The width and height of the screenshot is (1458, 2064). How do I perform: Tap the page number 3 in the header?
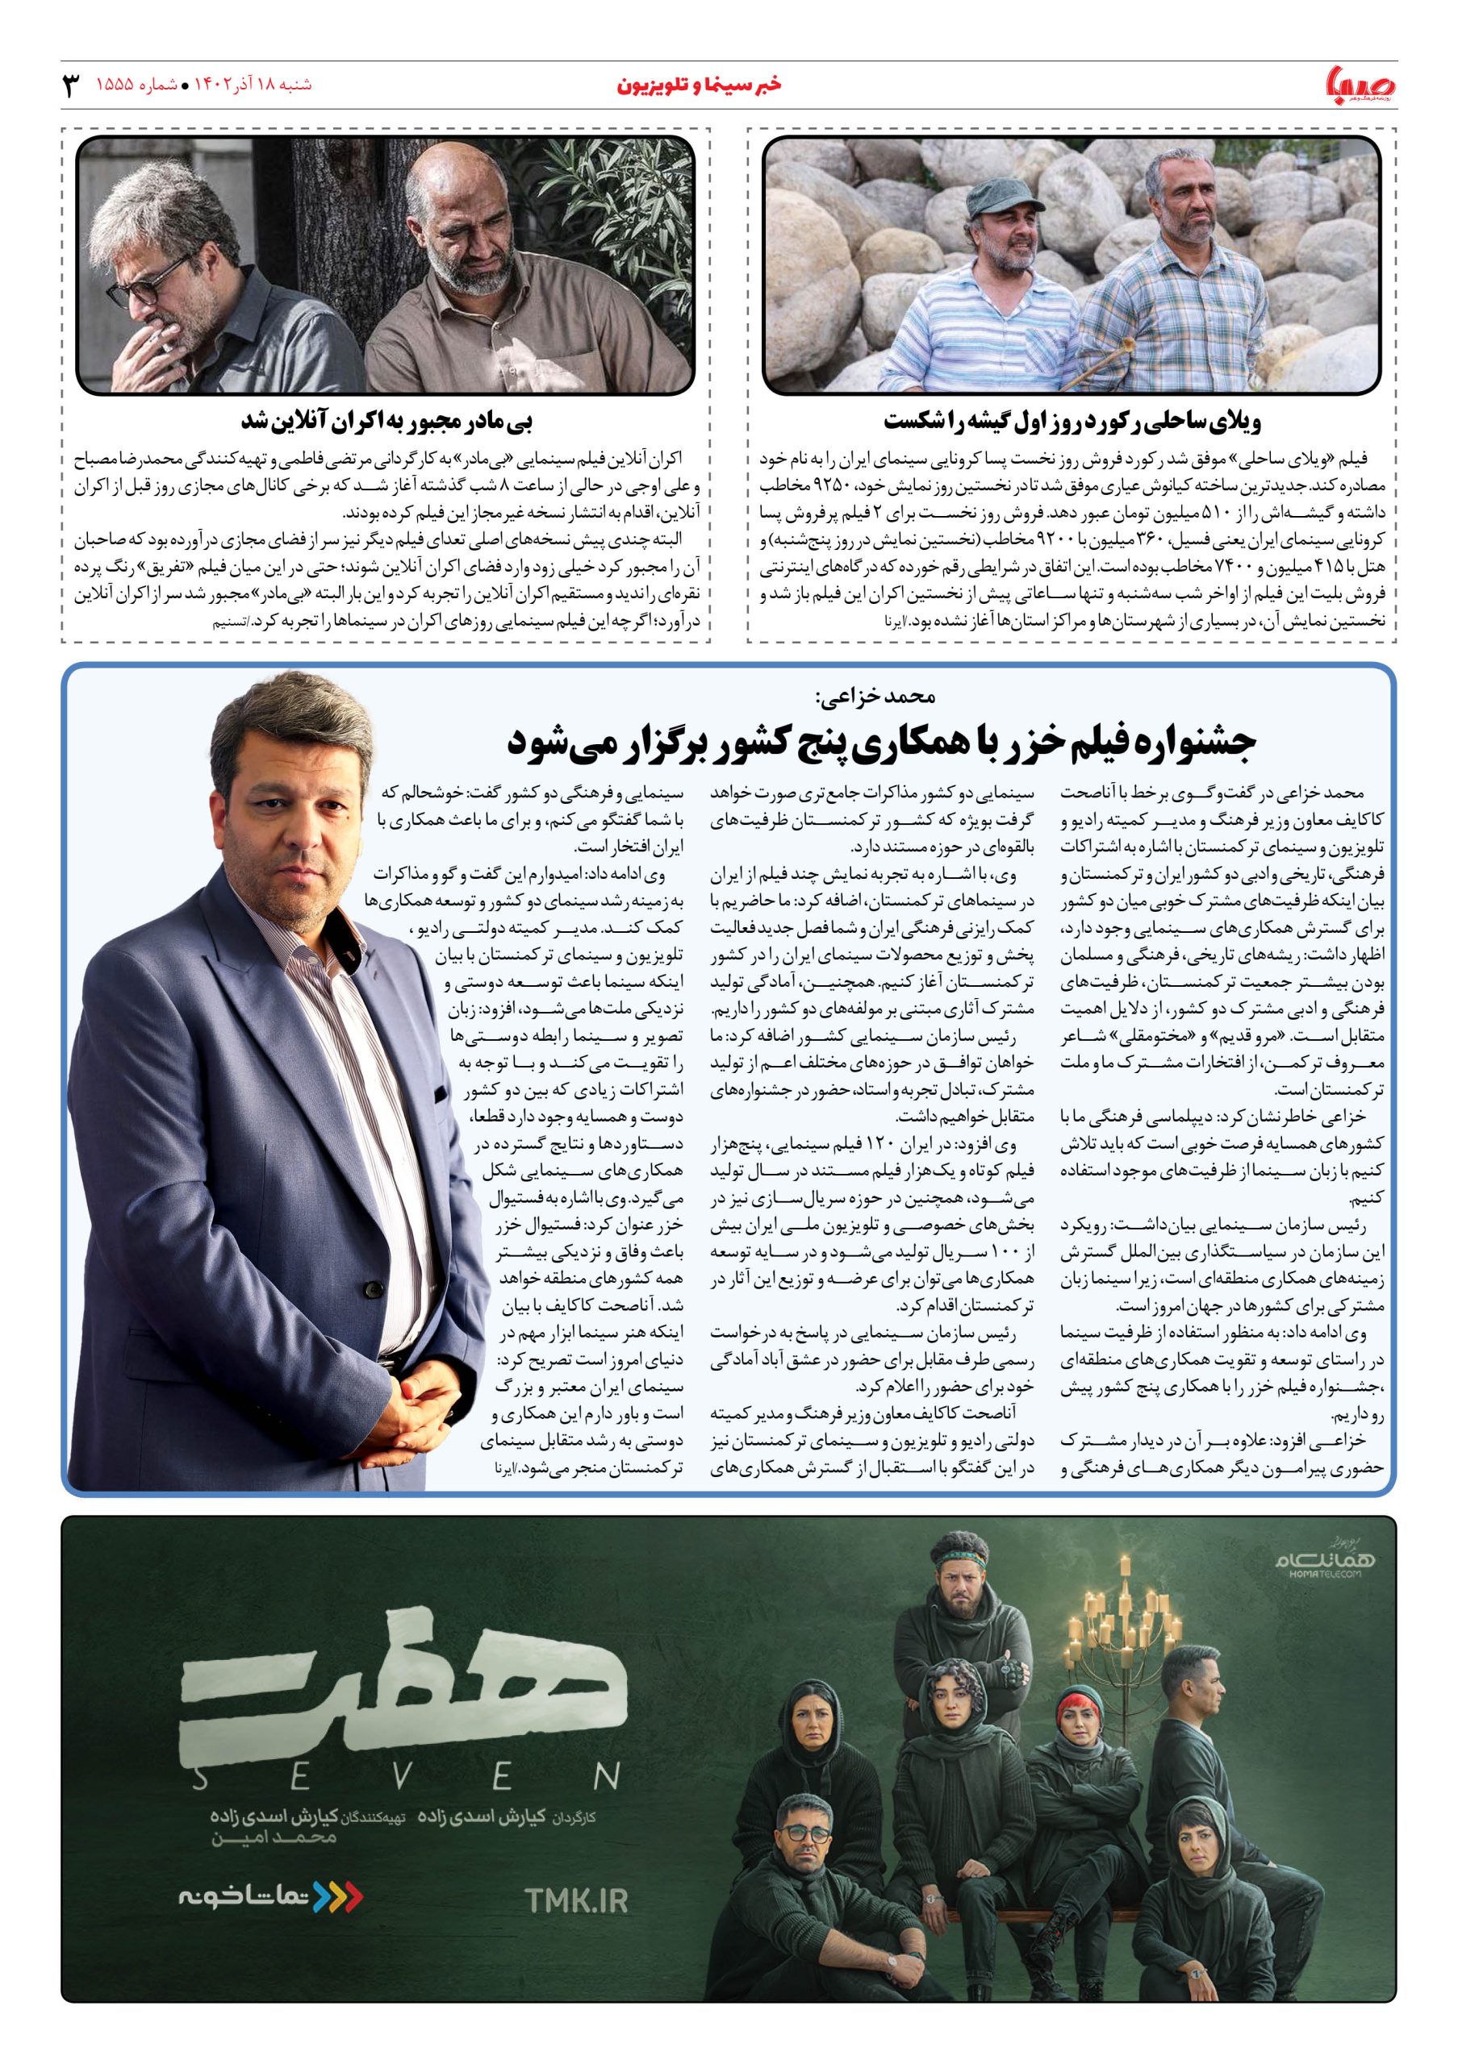(69, 86)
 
